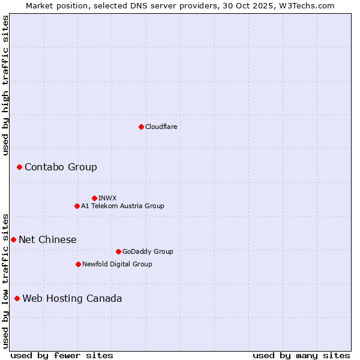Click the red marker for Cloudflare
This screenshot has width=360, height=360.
pyautogui.click(x=141, y=127)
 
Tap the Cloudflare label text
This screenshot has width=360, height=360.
pyautogui.click(x=161, y=127)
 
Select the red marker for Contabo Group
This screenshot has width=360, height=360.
pyautogui.click(x=19, y=167)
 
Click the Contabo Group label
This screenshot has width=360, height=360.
pyautogui.click(x=61, y=167)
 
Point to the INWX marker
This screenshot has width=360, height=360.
pyautogui.click(x=94, y=198)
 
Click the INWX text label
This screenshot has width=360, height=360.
pyautogui.click(x=107, y=198)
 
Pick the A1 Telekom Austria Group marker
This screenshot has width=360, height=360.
pyautogui.click(x=77, y=206)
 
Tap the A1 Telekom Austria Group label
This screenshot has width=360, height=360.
pyautogui.click(x=122, y=206)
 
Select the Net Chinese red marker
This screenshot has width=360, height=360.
pyautogui.click(x=13, y=239)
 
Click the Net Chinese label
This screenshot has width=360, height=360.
pyautogui.click(x=47, y=240)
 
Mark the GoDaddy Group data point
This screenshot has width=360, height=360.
pyautogui.click(x=118, y=251)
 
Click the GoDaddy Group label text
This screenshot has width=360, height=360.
pyautogui.click(x=148, y=252)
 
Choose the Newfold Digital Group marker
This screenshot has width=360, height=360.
pyautogui.click(x=78, y=264)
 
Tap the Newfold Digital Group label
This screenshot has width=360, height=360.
pyautogui.click(x=117, y=265)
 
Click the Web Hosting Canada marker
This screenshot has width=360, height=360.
pyautogui.click(x=17, y=298)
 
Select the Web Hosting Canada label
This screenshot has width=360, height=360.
pyautogui.click(x=72, y=299)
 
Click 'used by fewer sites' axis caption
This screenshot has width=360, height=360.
pyautogui.click(x=62, y=355)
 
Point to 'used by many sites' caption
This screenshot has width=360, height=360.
pyautogui.click(x=301, y=355)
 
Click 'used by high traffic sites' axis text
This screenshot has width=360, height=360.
pyautogui.click(x=6, y=85)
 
